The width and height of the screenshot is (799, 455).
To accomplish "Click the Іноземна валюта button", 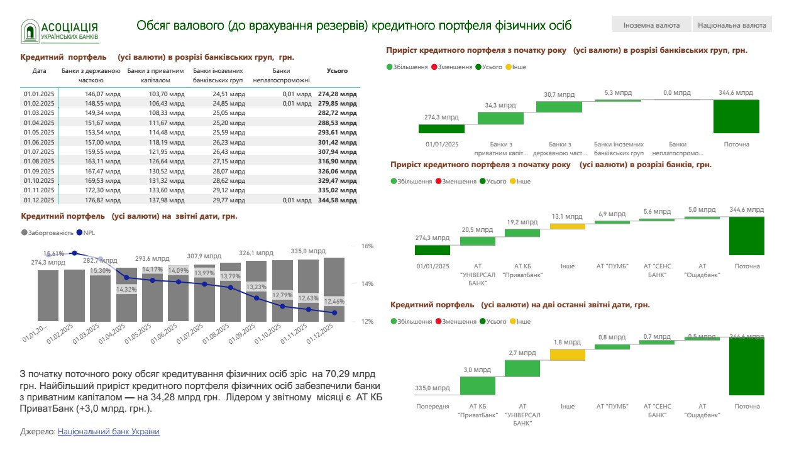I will (x=651, y=25).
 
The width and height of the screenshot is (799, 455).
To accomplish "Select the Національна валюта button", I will (x=732, y=25).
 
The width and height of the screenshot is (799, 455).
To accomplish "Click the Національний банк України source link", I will (x=108, y=432).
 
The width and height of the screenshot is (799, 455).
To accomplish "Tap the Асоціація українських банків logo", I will (x=60, y=31).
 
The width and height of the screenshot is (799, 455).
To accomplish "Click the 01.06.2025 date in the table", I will (x=40, y=143).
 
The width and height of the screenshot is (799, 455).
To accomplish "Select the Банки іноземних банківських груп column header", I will (x=218, y=75).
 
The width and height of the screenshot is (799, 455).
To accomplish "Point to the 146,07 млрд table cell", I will (x=103, y=94).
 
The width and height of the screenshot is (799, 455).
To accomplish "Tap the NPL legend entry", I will (x=87, y=233).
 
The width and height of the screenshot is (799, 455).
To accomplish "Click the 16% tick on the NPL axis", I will (x=367, y=246).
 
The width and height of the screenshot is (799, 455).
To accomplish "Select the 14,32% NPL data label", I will (x=126, y=290).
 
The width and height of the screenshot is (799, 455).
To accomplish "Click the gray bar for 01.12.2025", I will (x=334, y=289).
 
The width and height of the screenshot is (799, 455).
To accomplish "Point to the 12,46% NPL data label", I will (x=334, y=301).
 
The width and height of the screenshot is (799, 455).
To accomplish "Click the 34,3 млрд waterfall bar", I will (x=500, y=118).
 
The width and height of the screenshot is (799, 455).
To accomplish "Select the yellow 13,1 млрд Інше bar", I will (x=567, y=226).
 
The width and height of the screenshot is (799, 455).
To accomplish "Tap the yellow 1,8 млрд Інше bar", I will (x=567, y=354).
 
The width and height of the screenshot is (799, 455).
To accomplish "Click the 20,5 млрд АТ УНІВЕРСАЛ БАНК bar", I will (x=478, y=241).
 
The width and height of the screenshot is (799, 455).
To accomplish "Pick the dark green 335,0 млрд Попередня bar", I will (x=433, y=395).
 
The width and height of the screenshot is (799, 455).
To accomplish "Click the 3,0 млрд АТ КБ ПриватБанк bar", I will (x=478, y=385).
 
